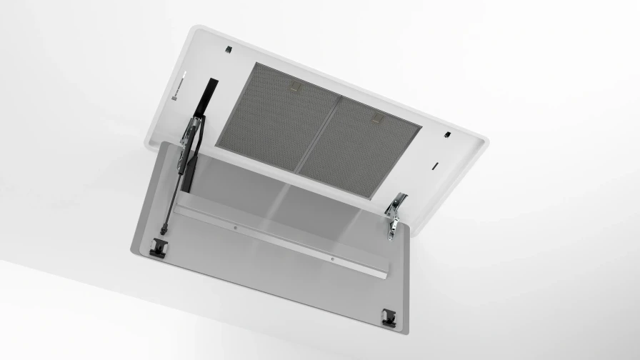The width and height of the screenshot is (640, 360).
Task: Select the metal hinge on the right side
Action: pos(394,215)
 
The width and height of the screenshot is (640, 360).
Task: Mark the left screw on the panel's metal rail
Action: pos(235,229)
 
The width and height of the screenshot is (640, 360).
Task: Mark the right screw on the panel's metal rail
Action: pos(332,259)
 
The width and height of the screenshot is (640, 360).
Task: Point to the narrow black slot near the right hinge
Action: pos(435,166)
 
